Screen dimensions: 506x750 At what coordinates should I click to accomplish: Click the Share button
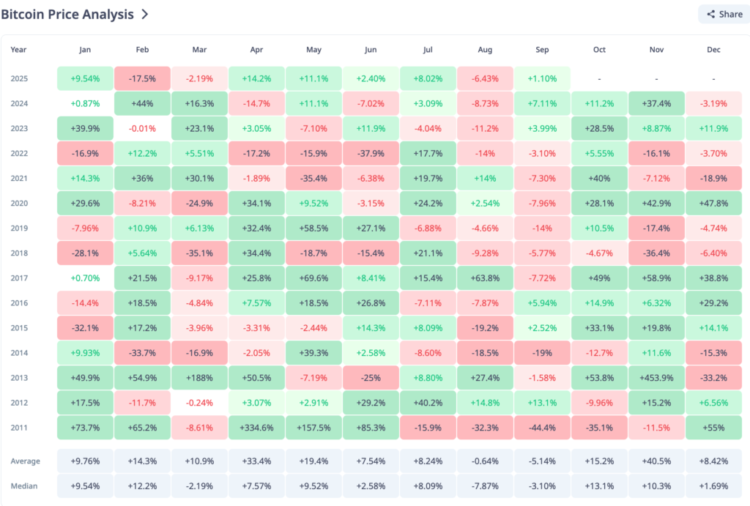[724, 14]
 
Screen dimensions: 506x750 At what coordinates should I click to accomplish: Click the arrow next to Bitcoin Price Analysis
[145, 14]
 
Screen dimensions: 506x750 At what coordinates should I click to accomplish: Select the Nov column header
[656, 50]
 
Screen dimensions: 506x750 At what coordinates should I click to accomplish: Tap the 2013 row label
[19, 378]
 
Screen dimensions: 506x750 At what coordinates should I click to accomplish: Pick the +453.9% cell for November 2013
[656, 378]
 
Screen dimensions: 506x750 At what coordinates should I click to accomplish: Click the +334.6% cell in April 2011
[256, 428]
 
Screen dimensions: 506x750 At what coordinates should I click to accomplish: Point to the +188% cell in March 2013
[199, 378]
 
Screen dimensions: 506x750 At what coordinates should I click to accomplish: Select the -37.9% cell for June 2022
[371, 153]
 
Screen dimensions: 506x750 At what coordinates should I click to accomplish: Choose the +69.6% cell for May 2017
[313, 278]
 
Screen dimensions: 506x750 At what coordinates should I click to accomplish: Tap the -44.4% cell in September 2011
[542, 428]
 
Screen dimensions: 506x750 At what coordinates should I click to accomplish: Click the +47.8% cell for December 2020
[714, 203]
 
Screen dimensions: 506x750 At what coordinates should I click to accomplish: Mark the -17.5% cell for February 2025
[142, 78]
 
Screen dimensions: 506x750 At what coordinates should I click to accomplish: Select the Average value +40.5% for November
[656, 461]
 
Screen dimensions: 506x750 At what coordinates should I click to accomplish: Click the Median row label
[25, 486]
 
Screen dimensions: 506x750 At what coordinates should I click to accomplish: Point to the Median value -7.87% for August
[485, 486]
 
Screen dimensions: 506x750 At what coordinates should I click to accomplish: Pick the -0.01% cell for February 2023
[142, 128]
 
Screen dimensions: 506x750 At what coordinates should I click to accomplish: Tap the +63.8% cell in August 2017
[485, 278]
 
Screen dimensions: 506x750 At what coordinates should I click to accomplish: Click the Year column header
[18, 50]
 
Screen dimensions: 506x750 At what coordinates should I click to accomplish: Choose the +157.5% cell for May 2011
[313, 428]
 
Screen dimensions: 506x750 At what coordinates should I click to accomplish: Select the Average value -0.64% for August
[485, 461]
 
